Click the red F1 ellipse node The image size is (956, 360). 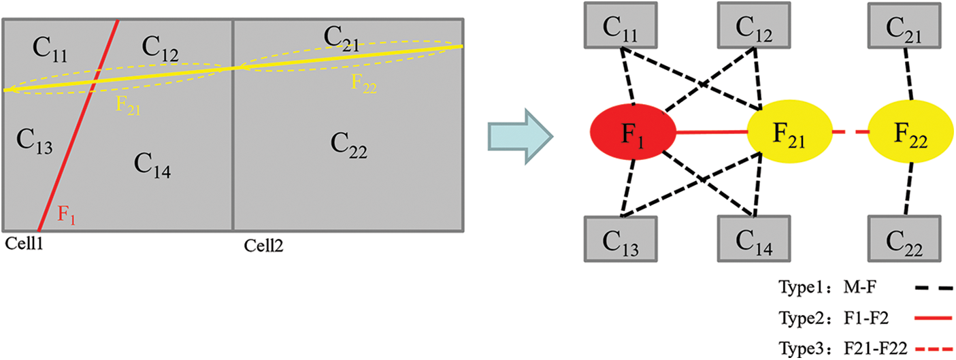633,133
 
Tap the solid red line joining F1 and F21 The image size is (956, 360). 711,133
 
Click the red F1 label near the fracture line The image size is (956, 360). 66,216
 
